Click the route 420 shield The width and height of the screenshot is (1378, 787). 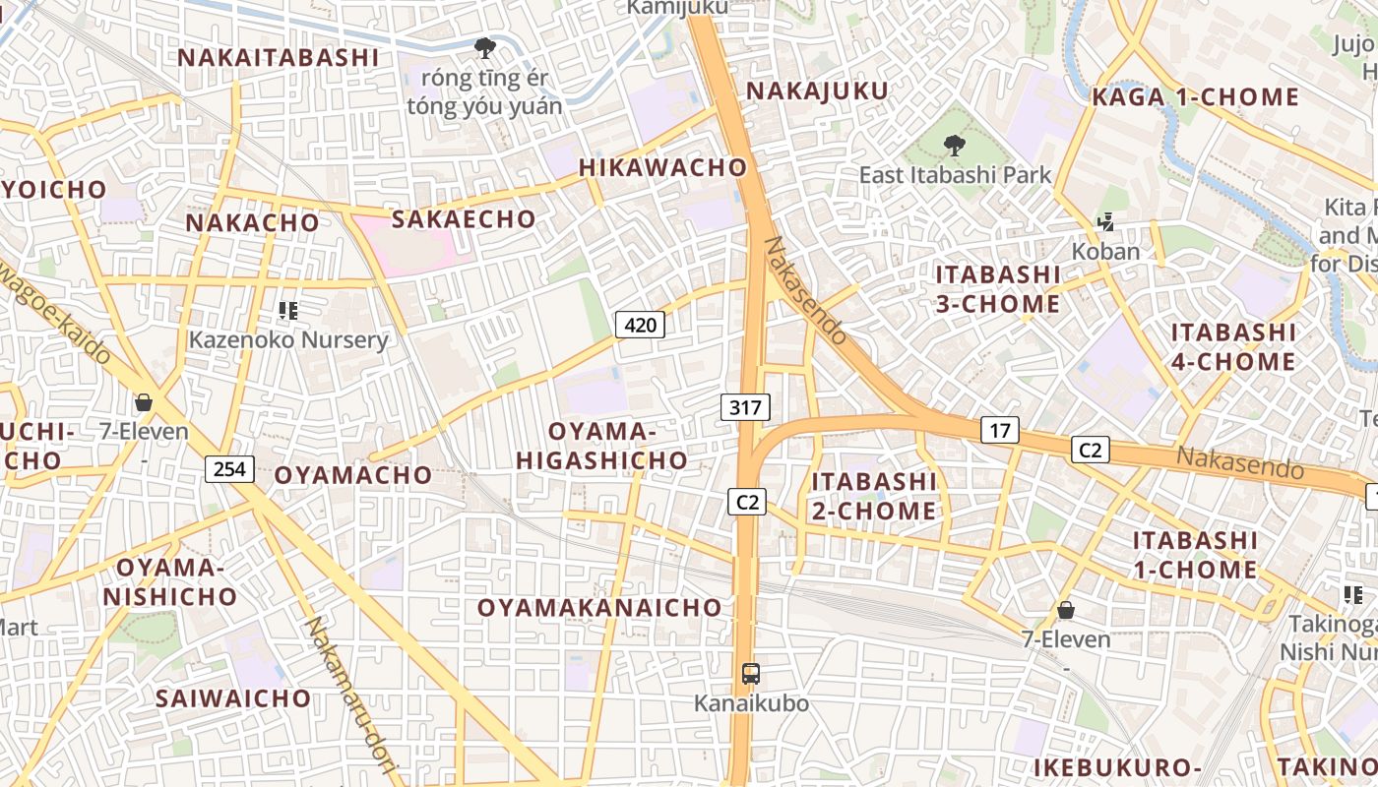[x=640, y=324]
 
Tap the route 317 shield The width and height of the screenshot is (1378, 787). [x=745, y=406]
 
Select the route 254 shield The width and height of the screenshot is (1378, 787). [x=229, y=468]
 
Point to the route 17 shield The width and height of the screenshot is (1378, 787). [x=999, y=430]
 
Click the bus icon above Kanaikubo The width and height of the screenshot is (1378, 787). [x=751, y=674]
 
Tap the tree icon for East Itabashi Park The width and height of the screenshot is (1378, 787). [x=954, y=147]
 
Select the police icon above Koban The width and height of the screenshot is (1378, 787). [x=1105, y=223]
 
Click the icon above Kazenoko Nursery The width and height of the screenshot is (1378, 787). [x=288, y=312]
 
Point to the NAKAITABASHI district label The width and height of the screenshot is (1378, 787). [x=278, y=57]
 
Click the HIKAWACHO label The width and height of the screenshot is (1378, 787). [x=662, y=167]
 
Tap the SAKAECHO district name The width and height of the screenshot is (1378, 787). [x=464, y=218]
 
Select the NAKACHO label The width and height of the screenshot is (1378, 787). [x=253, y=222]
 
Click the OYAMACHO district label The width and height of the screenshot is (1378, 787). [x=352, y=475]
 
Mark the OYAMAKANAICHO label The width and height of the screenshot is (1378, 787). [x=599, y=608]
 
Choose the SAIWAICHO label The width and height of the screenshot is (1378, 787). [x=233, y=698]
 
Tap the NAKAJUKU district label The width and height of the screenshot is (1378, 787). [x=817, y=91]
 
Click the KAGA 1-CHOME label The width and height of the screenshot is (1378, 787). [x=1195, y=97]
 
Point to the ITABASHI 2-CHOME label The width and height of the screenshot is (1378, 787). [x=873, y=496]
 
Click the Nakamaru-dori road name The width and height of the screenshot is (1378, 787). [x=344, y=694]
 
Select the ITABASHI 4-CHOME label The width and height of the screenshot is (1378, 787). [x=1232, y=346]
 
